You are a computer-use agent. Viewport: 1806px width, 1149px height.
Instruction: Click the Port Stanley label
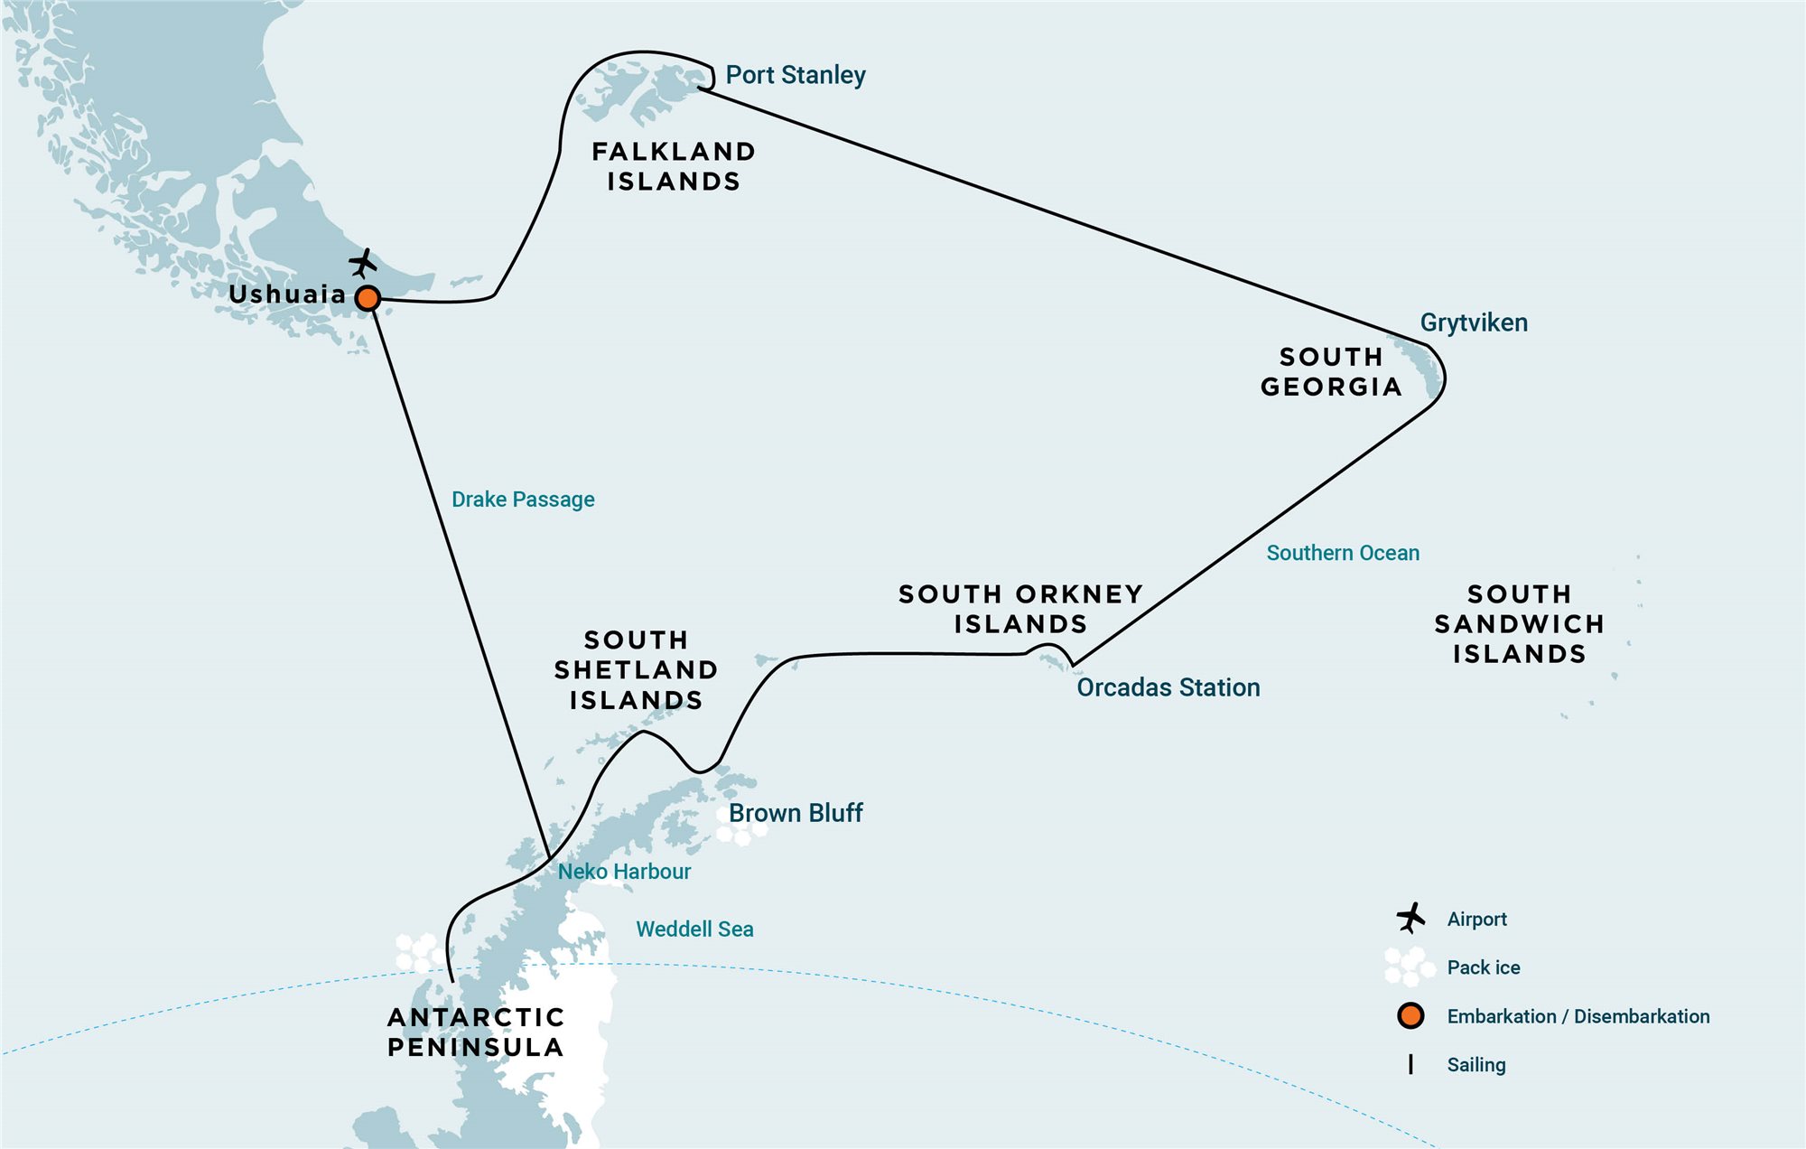coord(796,75)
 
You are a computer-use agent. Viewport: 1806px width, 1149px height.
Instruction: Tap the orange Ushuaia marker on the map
coord(368,298)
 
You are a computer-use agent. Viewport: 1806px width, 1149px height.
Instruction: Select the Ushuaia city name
coord(287,294)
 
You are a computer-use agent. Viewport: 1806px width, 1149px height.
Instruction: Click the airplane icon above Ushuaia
coord(363,264)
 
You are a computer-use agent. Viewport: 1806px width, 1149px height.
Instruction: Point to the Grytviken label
coord(1474,323)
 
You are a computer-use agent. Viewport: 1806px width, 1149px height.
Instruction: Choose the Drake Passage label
coord(523,500)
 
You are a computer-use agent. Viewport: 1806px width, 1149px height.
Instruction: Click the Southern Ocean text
coord(1343,553)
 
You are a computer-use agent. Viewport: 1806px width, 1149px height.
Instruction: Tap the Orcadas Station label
coord(1168,687)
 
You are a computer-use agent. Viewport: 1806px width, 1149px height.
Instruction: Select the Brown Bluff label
coord(796,813)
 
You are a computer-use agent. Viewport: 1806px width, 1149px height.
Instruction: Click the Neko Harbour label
coord(624,872)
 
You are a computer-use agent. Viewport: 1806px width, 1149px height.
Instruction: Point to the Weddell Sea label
coord(694,929)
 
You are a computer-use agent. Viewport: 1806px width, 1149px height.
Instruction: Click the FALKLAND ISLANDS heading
coord(674,166)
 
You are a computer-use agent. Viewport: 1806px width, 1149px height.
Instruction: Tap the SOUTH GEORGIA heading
coord(1331,371)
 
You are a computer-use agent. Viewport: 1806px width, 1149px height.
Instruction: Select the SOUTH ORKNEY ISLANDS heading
coord(1021,609)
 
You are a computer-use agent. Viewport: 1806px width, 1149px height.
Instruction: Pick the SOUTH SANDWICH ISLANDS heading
coord(1520,624)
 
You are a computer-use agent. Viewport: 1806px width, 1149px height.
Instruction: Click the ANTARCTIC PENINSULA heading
coord(476,1032)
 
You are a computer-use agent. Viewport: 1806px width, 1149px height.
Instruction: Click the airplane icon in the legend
coord(1410,918)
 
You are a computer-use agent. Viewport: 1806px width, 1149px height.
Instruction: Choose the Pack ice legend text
coord(1484,967)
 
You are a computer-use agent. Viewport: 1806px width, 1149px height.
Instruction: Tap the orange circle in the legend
coord(1410,1016)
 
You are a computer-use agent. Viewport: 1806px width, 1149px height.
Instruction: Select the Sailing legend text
coord(1476,1065)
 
